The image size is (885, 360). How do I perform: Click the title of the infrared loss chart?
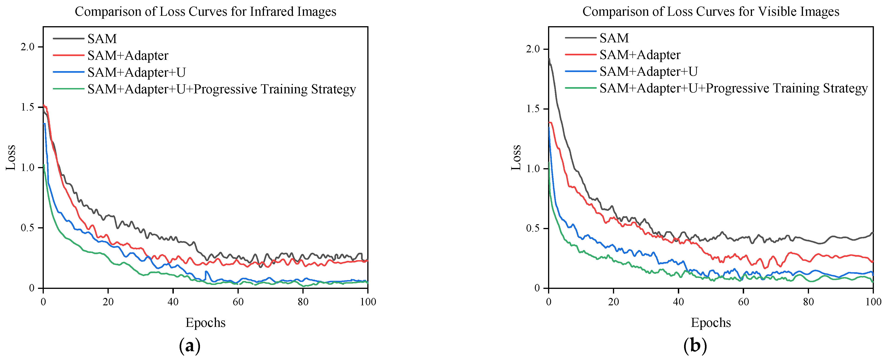coord(206,12)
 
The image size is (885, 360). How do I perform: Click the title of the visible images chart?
coord(711,12)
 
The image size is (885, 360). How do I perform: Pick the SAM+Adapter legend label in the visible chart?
coord(640,55)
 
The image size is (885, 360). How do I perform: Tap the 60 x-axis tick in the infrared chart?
coord(238,302)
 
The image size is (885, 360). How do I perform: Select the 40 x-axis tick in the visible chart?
coord(678,302)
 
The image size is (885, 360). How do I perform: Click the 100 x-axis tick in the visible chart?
coord(873,302)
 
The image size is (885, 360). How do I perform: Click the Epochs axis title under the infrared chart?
coord(206,323)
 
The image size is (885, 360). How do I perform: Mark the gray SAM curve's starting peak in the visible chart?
coord(549,59)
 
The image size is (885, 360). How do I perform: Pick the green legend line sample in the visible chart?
coord(580,88)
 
